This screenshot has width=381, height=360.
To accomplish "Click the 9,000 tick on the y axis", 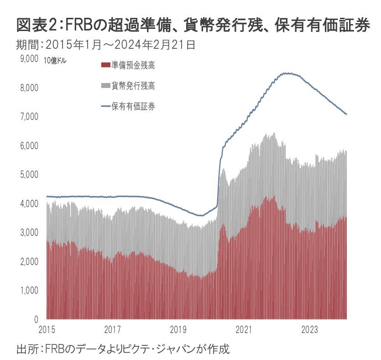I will click(29, 58).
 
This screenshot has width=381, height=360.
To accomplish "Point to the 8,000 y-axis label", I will click(29, 88).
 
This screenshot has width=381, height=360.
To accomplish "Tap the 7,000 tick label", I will click(29, 117).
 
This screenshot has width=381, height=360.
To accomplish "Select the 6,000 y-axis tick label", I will click(29, 146).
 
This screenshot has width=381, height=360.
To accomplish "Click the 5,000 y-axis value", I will click(29, 175).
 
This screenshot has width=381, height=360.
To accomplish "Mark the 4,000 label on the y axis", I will click(29, 203).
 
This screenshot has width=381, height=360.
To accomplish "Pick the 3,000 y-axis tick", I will click(29, 233).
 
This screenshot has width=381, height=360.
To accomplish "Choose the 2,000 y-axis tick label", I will click(29, 261).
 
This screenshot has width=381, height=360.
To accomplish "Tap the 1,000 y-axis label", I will click(29, 290).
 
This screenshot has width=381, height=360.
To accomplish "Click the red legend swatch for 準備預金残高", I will click(105, 66).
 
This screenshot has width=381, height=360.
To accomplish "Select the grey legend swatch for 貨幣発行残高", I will click(105, 86).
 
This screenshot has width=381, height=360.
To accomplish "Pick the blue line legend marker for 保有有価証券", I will click(105, 107).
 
